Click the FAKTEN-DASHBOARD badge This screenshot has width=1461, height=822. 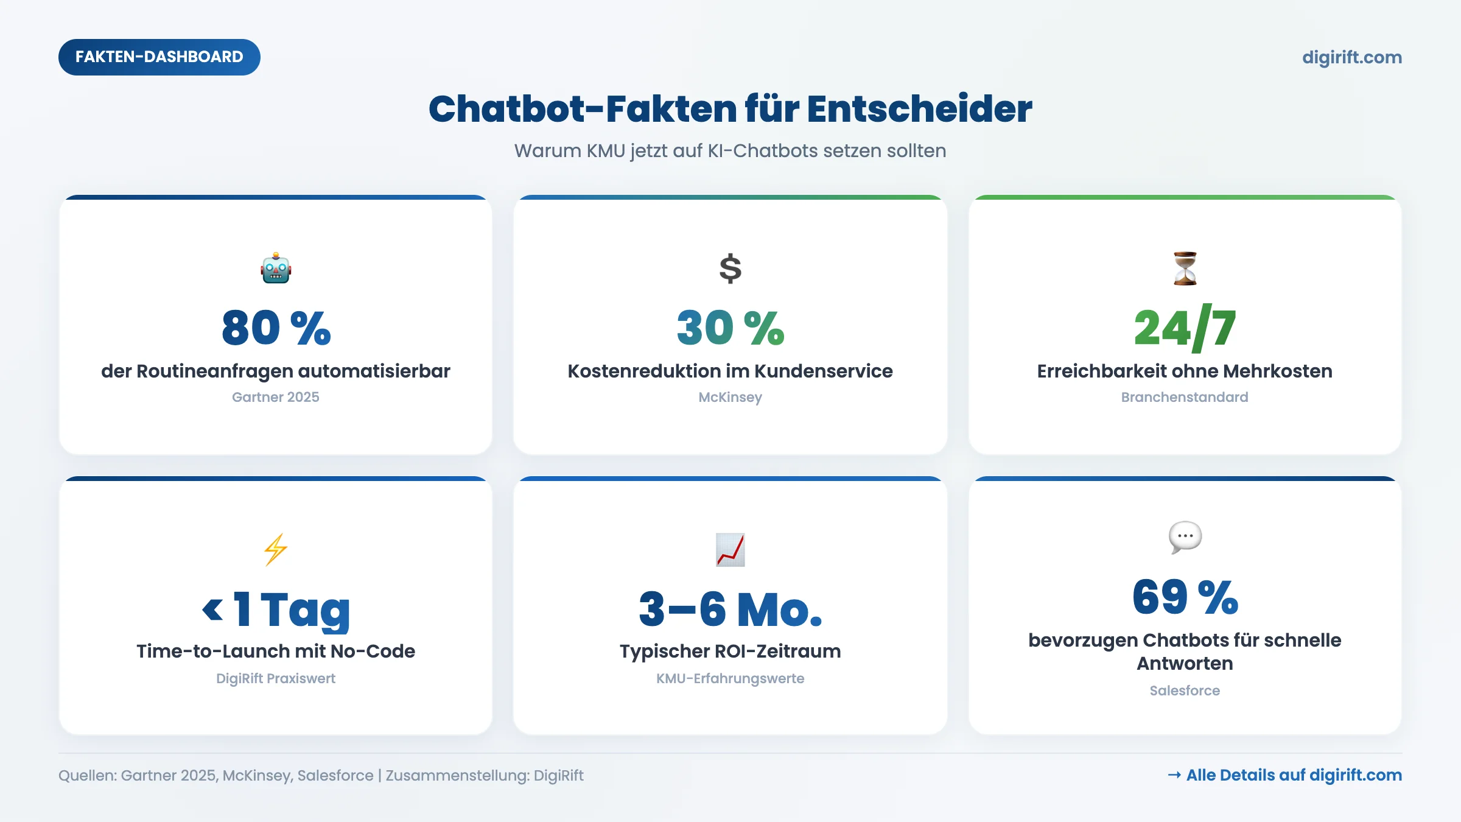(x=159, y=57)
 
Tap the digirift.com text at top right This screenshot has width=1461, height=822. (x=1351, y=57)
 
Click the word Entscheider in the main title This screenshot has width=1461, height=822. (x=919, y=109)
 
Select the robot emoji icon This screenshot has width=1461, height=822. (x=276, y=269)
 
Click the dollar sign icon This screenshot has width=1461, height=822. (x=730, y=269)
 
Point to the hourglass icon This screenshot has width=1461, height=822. (x=1185, y=269)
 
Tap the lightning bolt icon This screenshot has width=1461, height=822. (x=276, y=549)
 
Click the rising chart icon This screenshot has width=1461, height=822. (x=730, y=549)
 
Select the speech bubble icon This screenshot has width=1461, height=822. (x=1185, y=537)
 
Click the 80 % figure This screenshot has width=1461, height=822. (x=276, y=328)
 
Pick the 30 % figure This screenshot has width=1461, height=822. (x=730, y=328)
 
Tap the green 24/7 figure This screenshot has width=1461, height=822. (x=1185, y=328)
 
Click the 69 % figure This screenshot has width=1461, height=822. (x=1185, y=597)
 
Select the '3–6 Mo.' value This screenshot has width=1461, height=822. (x=730, y=609)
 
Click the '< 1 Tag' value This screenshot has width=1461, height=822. (x=276, y=609)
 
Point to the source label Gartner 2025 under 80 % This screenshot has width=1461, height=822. (x=276, y=397)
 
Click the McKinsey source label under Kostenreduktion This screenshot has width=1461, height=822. (x=730, y=397)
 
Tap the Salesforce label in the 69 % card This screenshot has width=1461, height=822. (x=1185, y=690)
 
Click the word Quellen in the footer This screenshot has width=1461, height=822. (x=86, y=776)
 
